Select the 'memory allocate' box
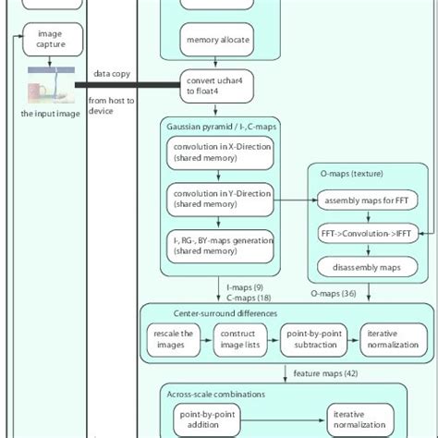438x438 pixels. tap(218, 41)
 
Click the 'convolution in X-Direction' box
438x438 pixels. tap(221, 153)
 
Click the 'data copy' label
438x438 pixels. tap(110, 74)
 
